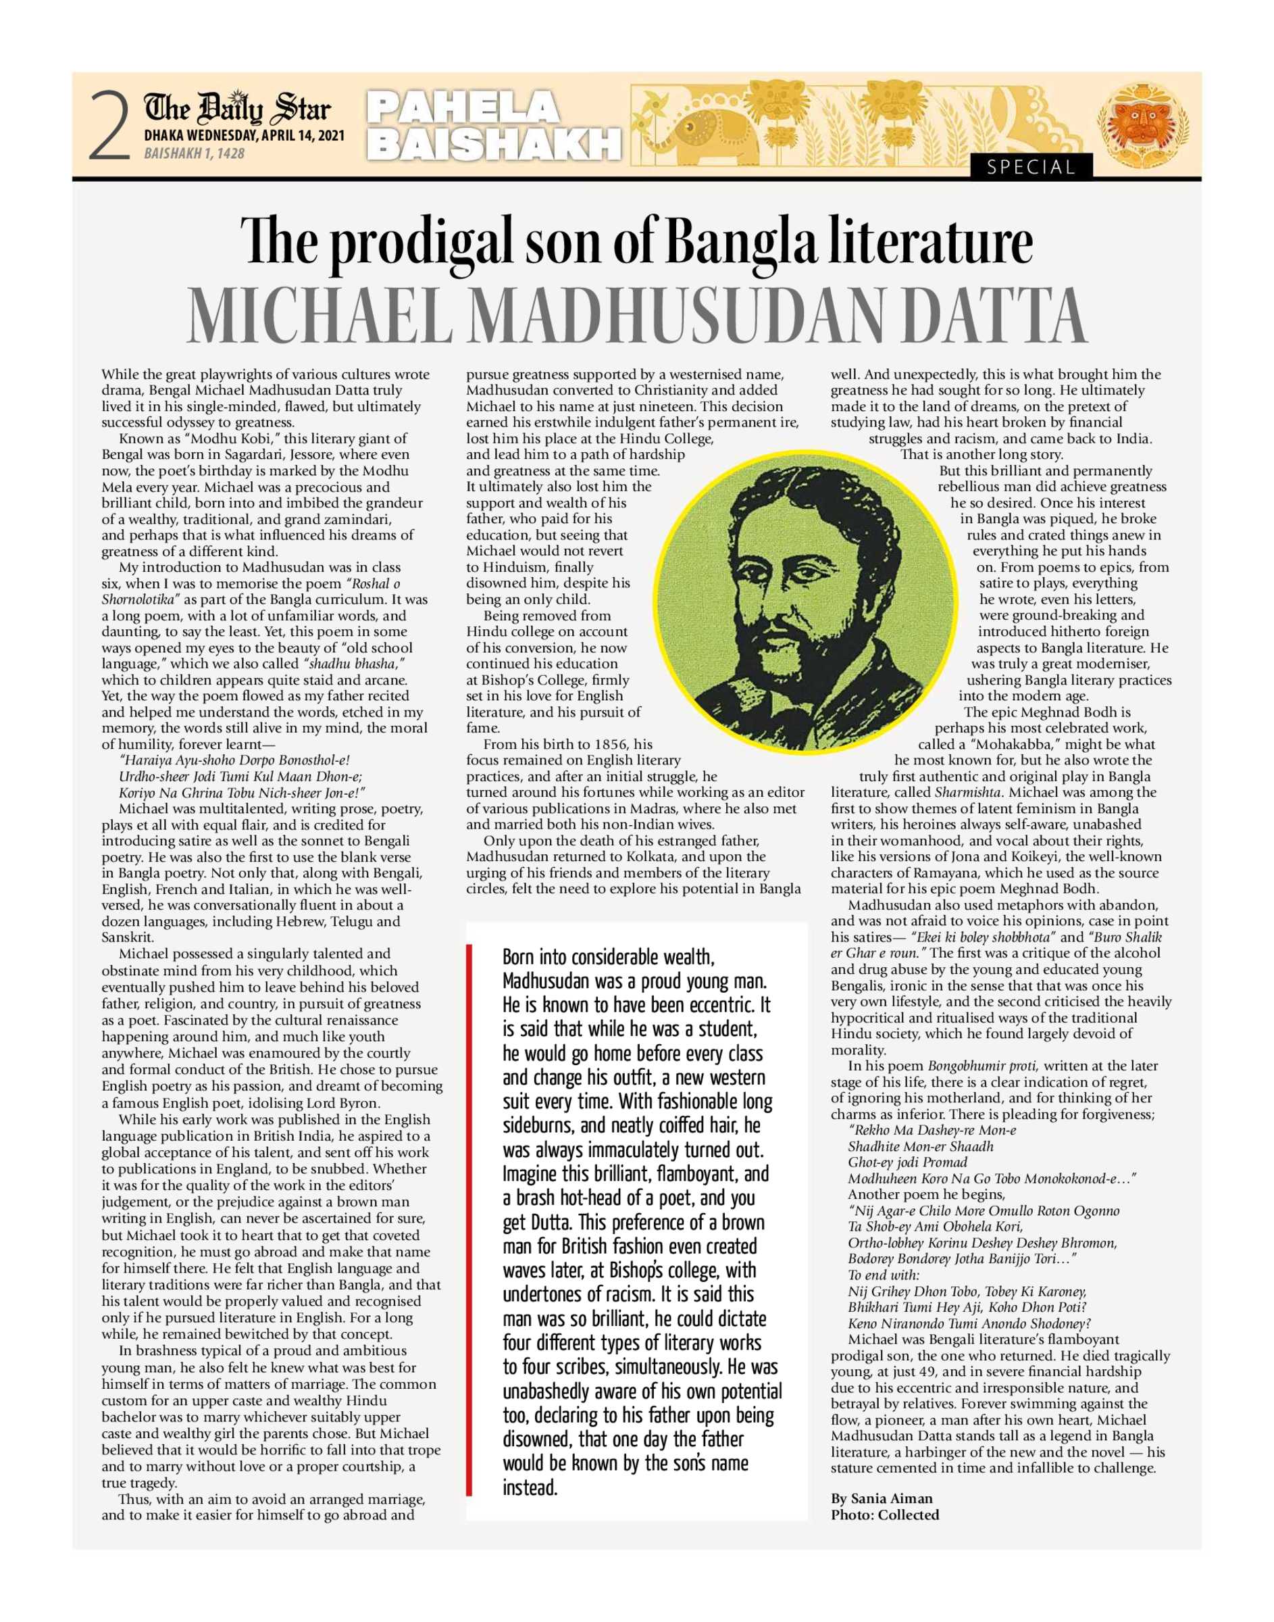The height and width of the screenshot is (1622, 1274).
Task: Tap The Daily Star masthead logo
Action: (238, 109)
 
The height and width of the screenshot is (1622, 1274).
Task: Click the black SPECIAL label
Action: (1031, 167)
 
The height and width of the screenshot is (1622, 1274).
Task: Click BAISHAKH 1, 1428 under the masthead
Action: (194, 153)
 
